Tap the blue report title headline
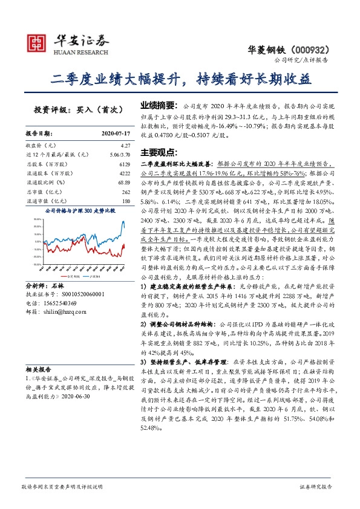(x=180, y=79)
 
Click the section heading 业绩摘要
(x=157, y=105)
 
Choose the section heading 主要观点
(x=157, y=152)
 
